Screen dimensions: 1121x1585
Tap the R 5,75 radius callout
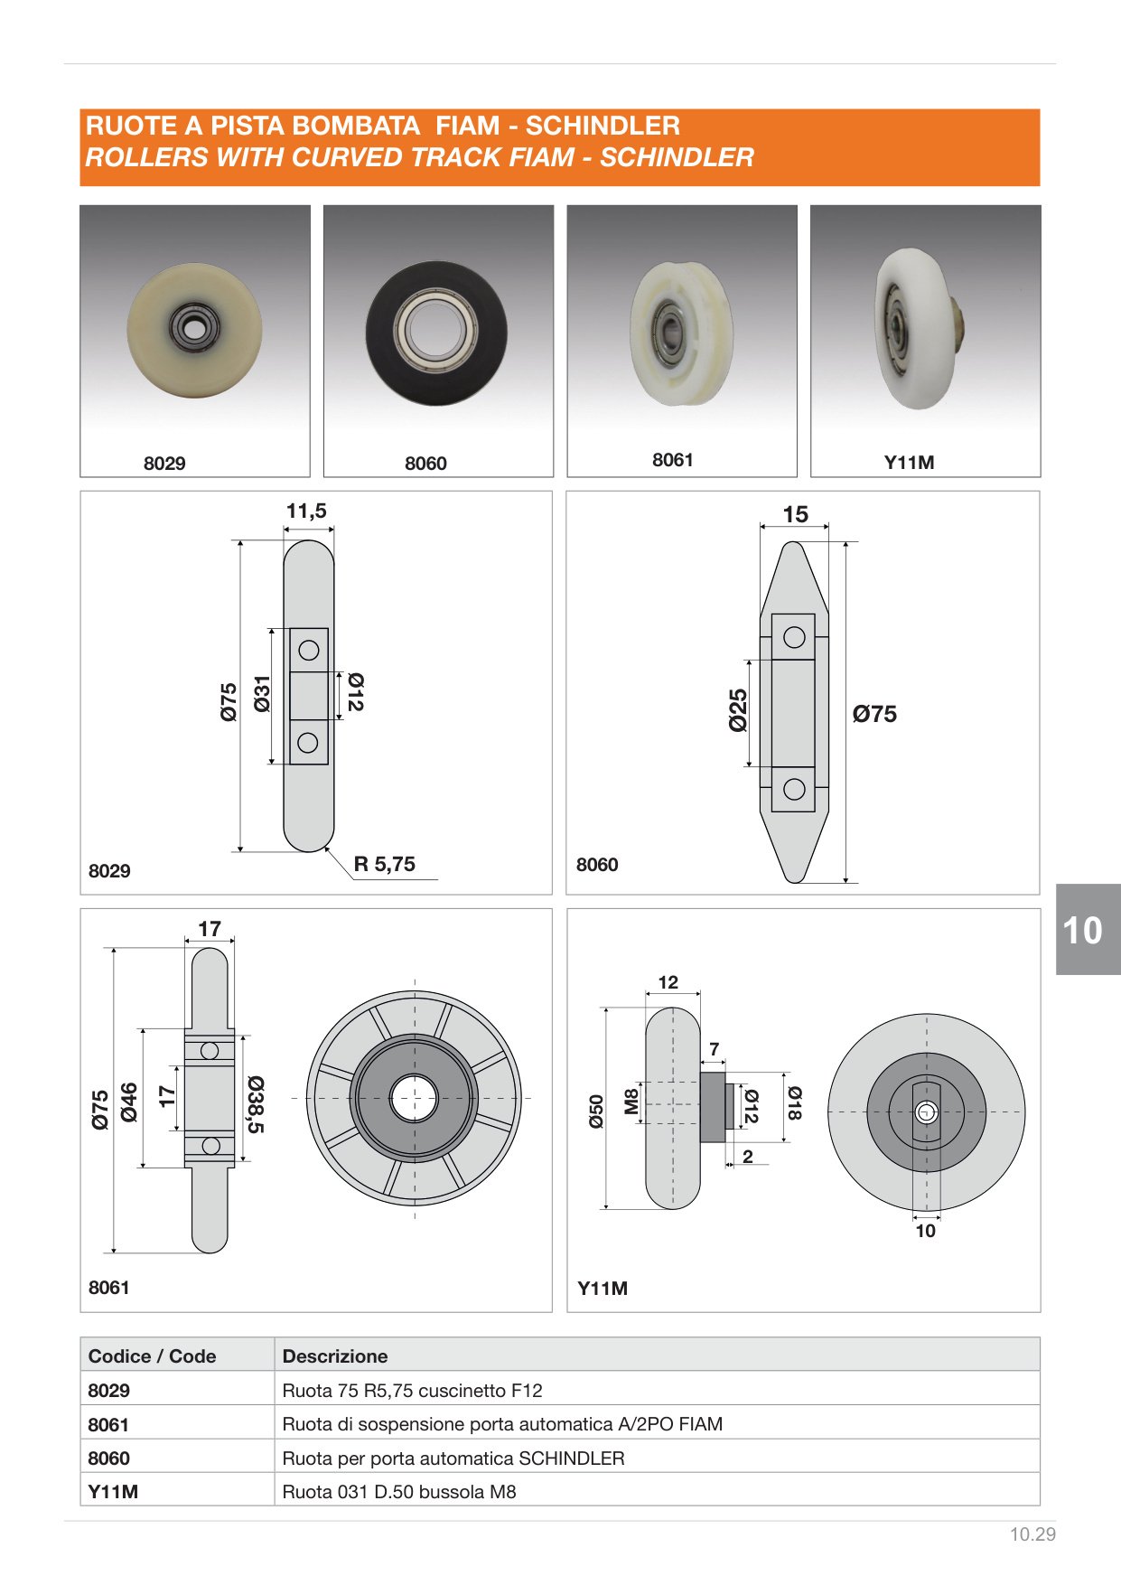click(x=385, y=864)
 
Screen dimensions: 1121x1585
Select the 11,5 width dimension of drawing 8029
click(x=306, y=511)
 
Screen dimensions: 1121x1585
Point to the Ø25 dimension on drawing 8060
click(x=738, y=710)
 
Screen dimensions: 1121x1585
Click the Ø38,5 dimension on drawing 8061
click(x=255, y=1104)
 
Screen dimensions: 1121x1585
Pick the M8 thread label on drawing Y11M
click(x=631, y=1101)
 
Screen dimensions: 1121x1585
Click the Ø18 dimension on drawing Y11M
click(x=793, y=1103)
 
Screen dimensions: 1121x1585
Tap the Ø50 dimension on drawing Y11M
click(x=596, y=1111)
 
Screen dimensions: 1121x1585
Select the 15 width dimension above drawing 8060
click(x=795, y=514)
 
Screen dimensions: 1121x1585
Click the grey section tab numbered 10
click(x=1088, y=929)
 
